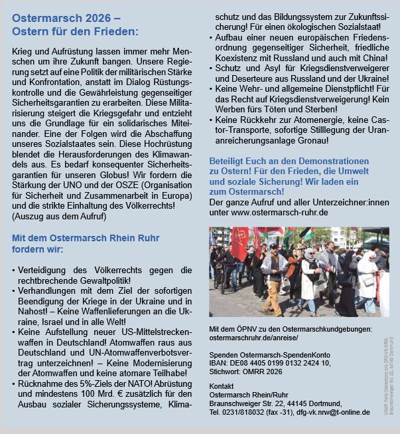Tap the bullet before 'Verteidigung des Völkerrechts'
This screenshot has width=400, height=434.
tap(15, 271)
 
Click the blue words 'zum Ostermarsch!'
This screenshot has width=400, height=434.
tap(247, 191)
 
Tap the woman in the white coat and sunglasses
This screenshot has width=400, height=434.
tap(309, 276)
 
